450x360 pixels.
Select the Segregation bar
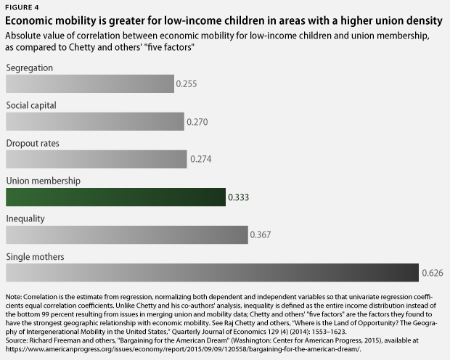coord(90,84)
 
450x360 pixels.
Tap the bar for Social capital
coord(95,122)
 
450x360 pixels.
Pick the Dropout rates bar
coord(97,160)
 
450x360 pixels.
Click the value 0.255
coord(187,84)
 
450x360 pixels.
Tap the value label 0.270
coord(197,122)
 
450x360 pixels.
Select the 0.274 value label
coord(200,160)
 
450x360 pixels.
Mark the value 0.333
coord(239,197)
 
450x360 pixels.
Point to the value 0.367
coord(261,235)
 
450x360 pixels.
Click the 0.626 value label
coord(432,274)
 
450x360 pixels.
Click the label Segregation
coord(29,67)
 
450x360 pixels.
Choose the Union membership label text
coord(43,181)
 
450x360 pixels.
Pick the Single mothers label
coord(35,256)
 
